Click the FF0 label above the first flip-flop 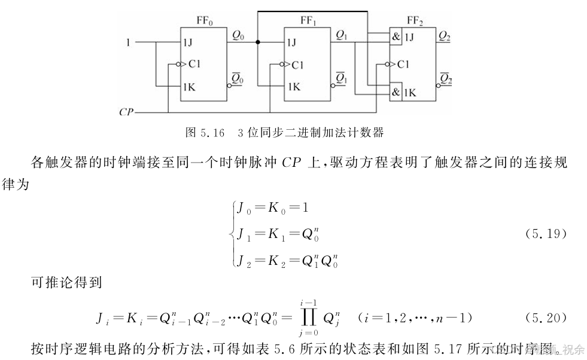205,22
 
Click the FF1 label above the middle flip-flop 309,22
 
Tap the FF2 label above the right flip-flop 415,22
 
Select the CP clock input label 126,112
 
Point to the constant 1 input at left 127,42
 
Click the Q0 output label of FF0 238,36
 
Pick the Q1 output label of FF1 342,36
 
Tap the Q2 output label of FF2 445,36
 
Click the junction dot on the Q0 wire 257,42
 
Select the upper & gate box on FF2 396,36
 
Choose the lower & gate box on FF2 396,92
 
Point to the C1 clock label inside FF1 297,65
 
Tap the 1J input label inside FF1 291,43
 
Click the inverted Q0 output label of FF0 238,78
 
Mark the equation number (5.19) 545,234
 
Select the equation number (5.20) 545,317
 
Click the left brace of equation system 232,234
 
